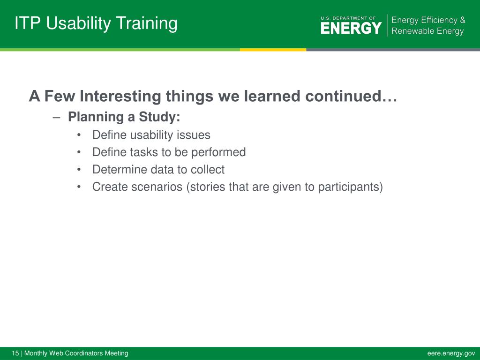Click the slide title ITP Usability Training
(96, 24)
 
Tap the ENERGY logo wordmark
(351, 28)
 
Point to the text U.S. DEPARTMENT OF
(348, 18)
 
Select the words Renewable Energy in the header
(427, 31)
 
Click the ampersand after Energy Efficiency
(462, 20)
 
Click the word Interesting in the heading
(120, 96)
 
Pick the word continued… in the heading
(351, 96)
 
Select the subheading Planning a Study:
(124, 117)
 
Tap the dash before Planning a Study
(56, 118)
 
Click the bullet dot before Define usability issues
(79, 135)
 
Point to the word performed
(218, 152)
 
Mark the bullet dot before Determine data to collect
(79, 169)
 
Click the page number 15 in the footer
(15, 353)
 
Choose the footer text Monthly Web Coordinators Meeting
(76, 353)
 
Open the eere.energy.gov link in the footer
(451, 353)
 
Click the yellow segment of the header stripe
(273, 50)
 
